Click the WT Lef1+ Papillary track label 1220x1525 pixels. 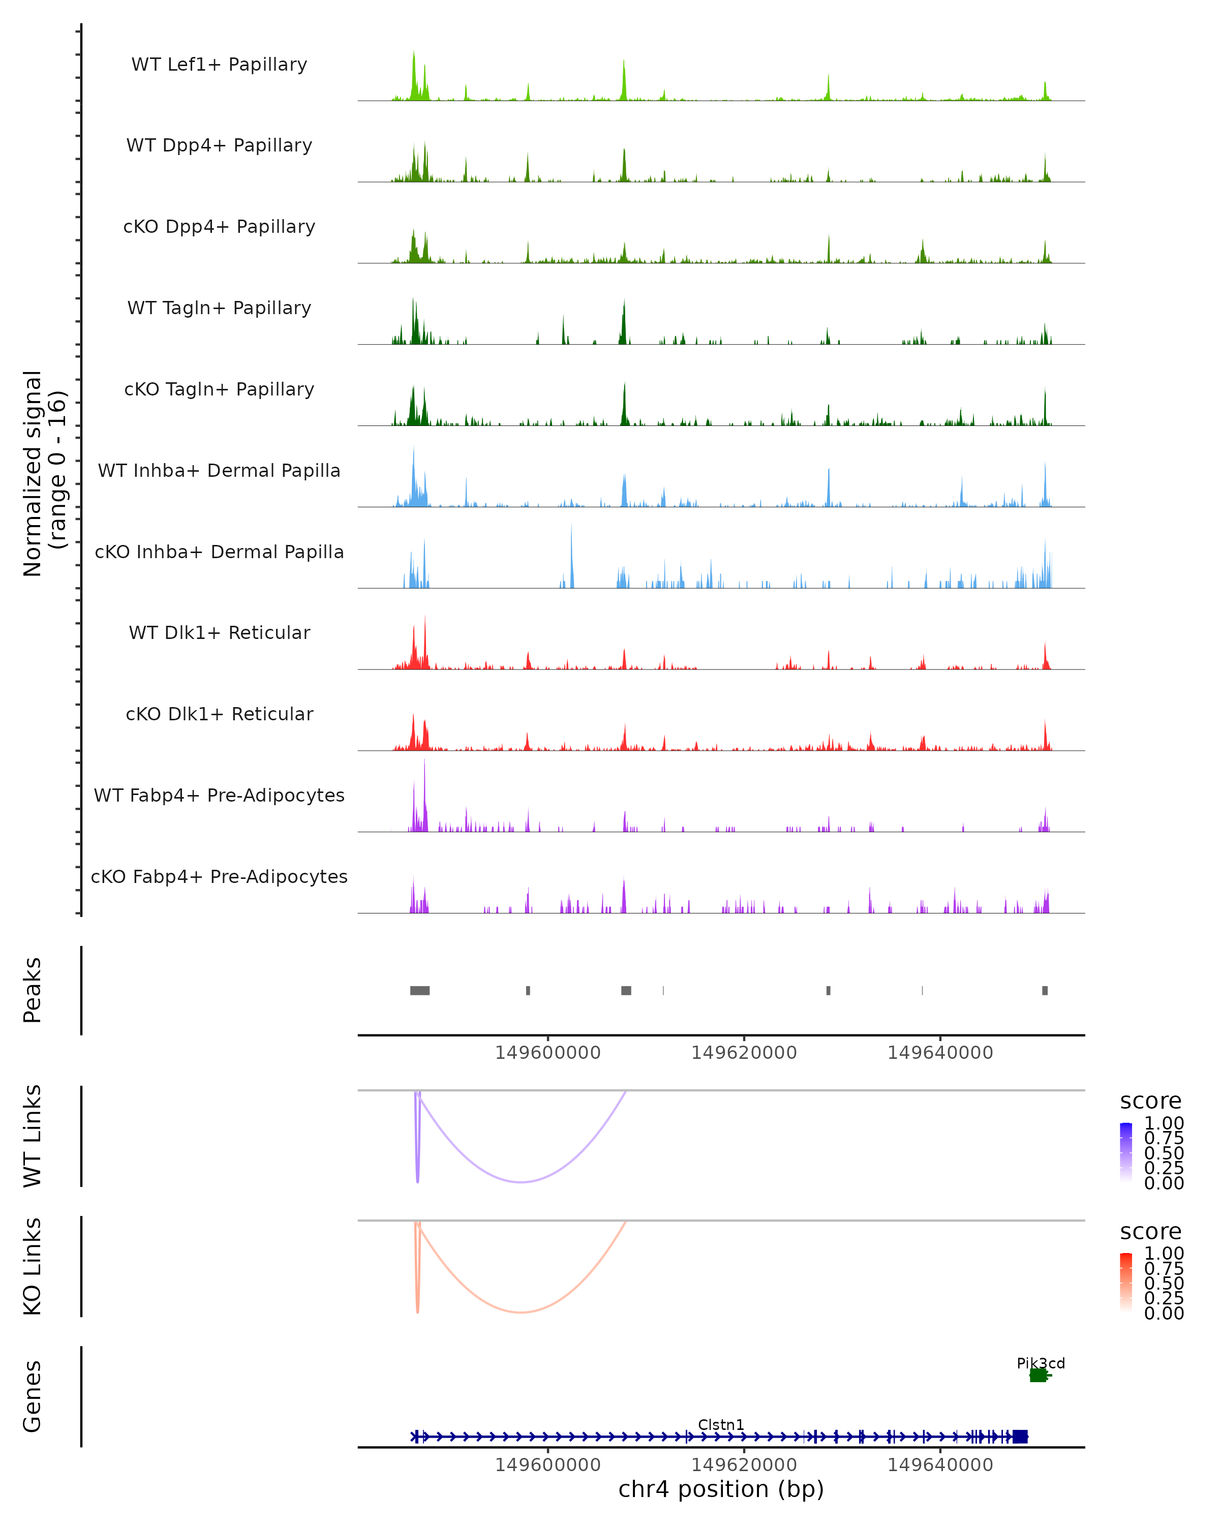[x=219, y=65]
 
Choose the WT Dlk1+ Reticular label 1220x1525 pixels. [x=219, y=632]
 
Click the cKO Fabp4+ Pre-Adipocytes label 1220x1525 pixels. [x=219, y=876]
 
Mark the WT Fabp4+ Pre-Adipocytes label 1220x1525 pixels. [x=219, y=795]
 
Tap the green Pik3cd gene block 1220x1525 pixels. [x=1038, y=1375]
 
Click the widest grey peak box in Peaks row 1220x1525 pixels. [x=419, y=990]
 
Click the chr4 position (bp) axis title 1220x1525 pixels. [x=721, y=1489]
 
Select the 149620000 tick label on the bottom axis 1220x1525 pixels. [x=744, y=1465]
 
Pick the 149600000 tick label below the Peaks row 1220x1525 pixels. [x=547, y=1053]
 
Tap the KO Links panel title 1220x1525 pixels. [x=33, y=1266]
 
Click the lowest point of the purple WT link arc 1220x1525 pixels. [x=521, y=1182]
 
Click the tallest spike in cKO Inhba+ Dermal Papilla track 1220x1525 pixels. [x=571, y=527]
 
